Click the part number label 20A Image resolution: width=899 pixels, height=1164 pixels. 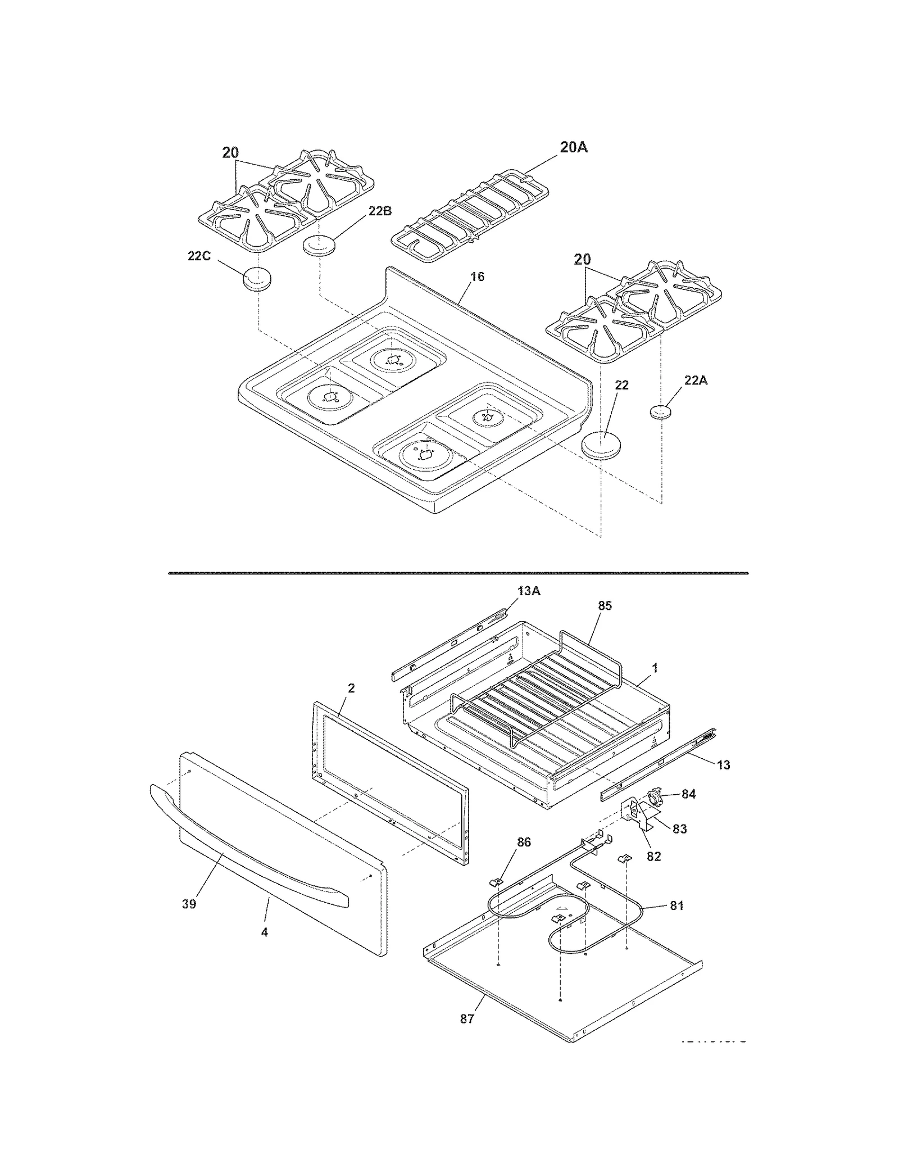(574, 147)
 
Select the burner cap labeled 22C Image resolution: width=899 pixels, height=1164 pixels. (256, 279)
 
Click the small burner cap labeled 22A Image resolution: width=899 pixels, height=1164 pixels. (661, 411)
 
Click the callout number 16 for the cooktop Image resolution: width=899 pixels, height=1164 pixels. (476, 277)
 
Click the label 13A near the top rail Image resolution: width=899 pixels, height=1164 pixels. (529, 591)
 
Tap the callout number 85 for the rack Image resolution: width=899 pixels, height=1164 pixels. (605, 606)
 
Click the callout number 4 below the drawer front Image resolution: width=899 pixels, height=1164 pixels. (264, 932)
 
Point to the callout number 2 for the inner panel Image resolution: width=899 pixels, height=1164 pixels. (351, 688)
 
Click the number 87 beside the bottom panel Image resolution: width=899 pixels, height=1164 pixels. (467, 1019)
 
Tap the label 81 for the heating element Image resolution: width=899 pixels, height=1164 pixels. (676, 906)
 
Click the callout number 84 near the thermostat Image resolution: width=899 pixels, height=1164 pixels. (688, 794)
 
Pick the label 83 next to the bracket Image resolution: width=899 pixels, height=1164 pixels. (679, 829)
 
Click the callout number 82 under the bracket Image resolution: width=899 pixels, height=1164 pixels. (653, 857)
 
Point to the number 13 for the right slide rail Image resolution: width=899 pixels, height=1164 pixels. (723, 765)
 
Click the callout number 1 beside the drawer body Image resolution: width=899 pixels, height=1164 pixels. (654, 668)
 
